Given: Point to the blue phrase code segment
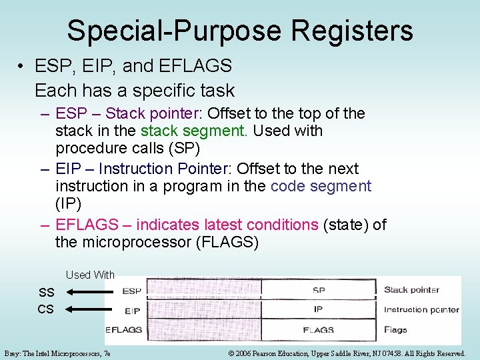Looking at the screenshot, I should pos(321,186).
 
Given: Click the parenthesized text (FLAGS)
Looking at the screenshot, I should pos(227,242).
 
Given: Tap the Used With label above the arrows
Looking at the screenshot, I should pos(90,275).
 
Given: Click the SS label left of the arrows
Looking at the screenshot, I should pos(46,292).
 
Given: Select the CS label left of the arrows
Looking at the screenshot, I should pos(46,309).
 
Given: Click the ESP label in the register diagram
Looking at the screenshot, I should pos(131,291).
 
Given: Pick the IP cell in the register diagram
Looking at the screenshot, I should pos(318,309).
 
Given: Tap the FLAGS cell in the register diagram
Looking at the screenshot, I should pos(318,329).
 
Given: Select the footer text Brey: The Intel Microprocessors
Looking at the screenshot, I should pos(57,353).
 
